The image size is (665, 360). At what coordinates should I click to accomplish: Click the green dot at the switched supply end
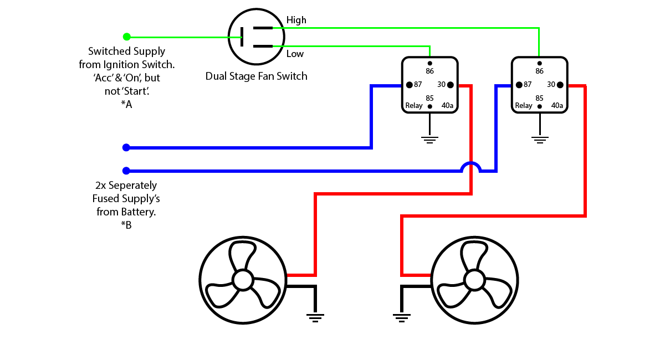pos(127,37)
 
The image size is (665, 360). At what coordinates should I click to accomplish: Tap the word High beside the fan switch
pos(296,20)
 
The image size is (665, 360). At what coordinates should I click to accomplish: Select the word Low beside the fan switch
pos(295,54)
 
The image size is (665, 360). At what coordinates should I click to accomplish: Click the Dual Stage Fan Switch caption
pos(256,76)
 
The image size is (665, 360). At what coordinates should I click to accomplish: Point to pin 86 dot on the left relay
pos(429,63)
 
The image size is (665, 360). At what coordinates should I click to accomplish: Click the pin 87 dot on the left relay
pos(409,85)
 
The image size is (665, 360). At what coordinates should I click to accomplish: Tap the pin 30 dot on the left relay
pos(451,85)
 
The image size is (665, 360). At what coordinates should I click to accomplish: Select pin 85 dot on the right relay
pos(539,106)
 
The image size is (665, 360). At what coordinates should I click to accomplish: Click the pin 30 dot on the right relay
pos(560,85)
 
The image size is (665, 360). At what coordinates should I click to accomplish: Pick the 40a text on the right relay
pos(557,105)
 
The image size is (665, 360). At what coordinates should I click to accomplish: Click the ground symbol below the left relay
pos(429,140)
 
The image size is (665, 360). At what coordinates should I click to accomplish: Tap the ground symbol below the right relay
pos(540,140)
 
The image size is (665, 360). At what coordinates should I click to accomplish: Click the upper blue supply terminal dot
pos(126,147)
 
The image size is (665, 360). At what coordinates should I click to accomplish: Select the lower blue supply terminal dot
pos(126,171)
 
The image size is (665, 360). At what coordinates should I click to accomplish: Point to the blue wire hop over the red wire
pos(471,163)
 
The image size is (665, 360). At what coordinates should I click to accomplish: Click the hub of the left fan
pos(243,280)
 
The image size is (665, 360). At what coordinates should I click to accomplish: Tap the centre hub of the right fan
pos(474,280)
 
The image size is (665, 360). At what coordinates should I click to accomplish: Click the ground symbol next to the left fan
pos(315,318)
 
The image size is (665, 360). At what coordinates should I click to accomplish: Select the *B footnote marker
pos(126,225)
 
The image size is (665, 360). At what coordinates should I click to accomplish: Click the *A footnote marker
pos(126,105)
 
